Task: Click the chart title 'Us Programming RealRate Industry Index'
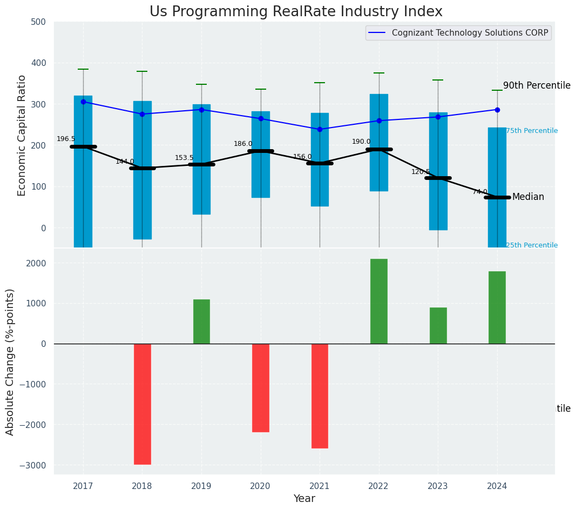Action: [x=296, y=12]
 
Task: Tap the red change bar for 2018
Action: [x=143, y=404]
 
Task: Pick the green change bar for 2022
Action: [x=379, y=302]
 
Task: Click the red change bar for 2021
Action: [x=320, y=396]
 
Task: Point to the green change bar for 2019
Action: [x=201, y=322]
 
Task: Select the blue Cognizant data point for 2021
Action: [x=320, y=129]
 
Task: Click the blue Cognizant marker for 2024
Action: [x=497, y=110]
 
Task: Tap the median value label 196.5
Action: [x=66, y=139]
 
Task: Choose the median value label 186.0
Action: [x=243, y=144]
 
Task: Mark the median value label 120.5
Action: [x=421, y=172]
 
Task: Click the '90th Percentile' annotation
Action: [x=537, y=85]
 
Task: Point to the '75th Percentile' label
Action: [x=532, y=131]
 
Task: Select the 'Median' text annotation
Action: [x=528, y=197]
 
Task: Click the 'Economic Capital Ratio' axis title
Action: [x=22, y=135]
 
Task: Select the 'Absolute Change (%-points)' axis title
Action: [x=10, y=361]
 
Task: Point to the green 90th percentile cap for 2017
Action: [x=83, y=69]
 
